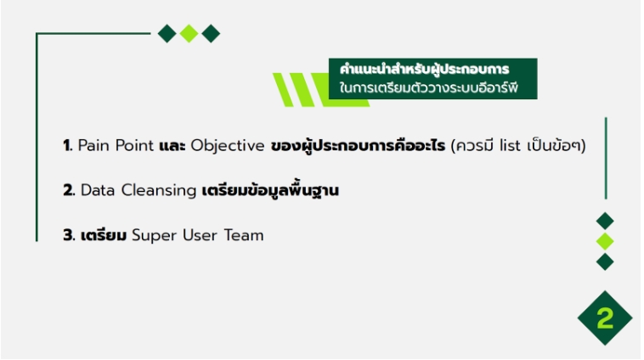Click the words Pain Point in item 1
click(x=116, y=146)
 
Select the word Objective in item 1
click(x=228, y=147)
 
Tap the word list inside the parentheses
click(x=510, y=146)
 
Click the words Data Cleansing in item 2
click(x=138, y=191)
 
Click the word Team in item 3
click(x=244, y=236)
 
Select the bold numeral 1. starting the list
click(x=68, y=146)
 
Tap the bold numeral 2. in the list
click(x=69, y=190)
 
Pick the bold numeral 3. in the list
click(x=69, y=236)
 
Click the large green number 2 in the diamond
click(x=605, y=318)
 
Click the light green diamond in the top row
click(x=189, y=34)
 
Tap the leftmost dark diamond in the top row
click(x=167, y=34)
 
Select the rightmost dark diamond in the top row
click(x=211, y=34)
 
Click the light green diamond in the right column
click(x=605, y=241)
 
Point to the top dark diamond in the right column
click(x=605, y=222)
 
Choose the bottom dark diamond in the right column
click(x=605, y=262)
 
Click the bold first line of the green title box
click(x=425, y=70)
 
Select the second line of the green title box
click(x=429, y=87)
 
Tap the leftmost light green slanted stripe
click(x=284, y=90)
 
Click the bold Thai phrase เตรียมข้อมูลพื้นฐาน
click(x=270, y=191)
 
